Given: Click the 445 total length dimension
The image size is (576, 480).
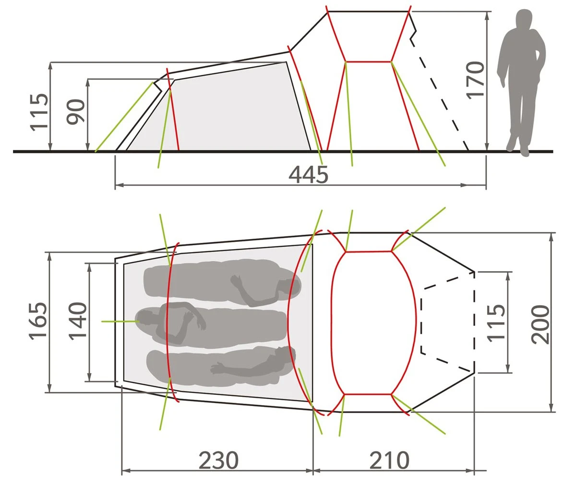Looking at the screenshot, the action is pos(308,175).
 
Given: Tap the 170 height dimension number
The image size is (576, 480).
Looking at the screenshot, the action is pos(475,80).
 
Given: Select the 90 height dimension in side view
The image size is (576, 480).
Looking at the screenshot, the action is pos(75,112).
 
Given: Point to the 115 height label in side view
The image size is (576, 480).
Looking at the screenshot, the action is pos(39,112).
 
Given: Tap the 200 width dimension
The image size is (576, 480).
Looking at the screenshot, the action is pos(540,324).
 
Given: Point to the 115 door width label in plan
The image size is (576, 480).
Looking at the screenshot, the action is pos(496,323).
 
